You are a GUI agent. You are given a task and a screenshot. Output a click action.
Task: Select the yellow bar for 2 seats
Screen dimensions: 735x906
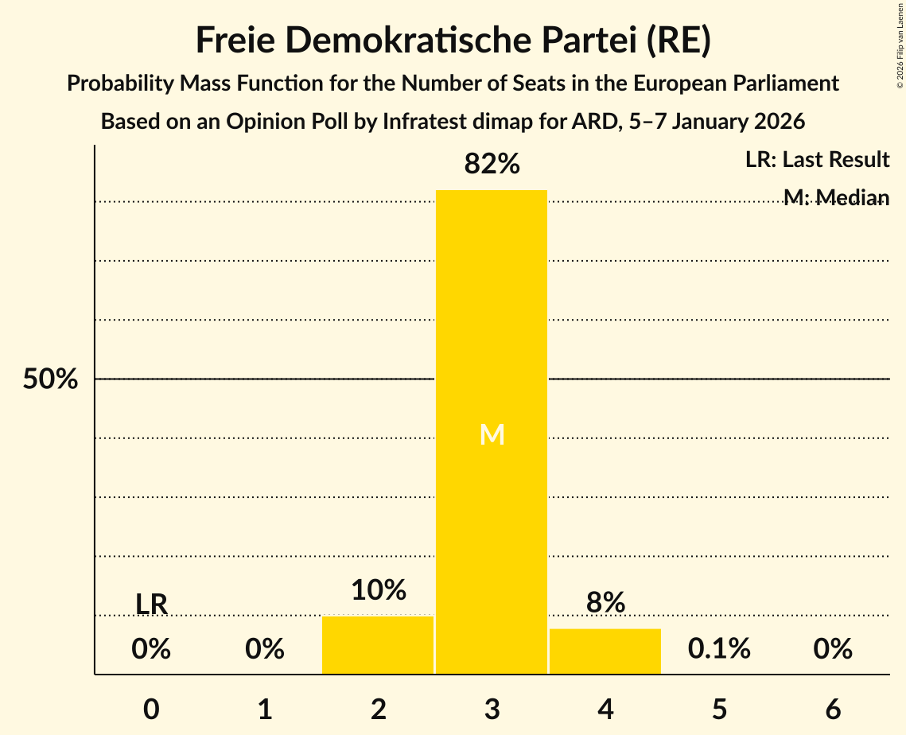378,645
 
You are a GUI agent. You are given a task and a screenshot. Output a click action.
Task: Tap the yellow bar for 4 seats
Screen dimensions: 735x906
605,651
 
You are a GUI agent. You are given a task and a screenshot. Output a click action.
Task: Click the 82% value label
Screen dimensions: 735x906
492,165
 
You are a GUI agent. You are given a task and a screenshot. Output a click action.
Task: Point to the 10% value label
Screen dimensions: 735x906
378,590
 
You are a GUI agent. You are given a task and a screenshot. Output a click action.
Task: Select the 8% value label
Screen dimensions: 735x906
605,603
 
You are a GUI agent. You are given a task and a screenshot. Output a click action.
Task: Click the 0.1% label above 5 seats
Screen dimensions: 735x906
719,649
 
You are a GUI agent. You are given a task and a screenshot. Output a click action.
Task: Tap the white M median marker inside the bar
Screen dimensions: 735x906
492,434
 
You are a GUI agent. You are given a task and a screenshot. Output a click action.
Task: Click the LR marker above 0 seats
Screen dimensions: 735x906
151,605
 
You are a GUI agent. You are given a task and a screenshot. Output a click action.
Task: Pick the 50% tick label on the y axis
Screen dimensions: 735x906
50,379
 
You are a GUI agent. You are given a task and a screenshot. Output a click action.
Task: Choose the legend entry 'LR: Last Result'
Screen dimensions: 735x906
817,160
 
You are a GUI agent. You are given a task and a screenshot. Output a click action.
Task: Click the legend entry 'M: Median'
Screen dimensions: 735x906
836,197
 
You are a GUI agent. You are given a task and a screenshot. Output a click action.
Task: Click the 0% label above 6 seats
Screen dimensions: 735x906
833,649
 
